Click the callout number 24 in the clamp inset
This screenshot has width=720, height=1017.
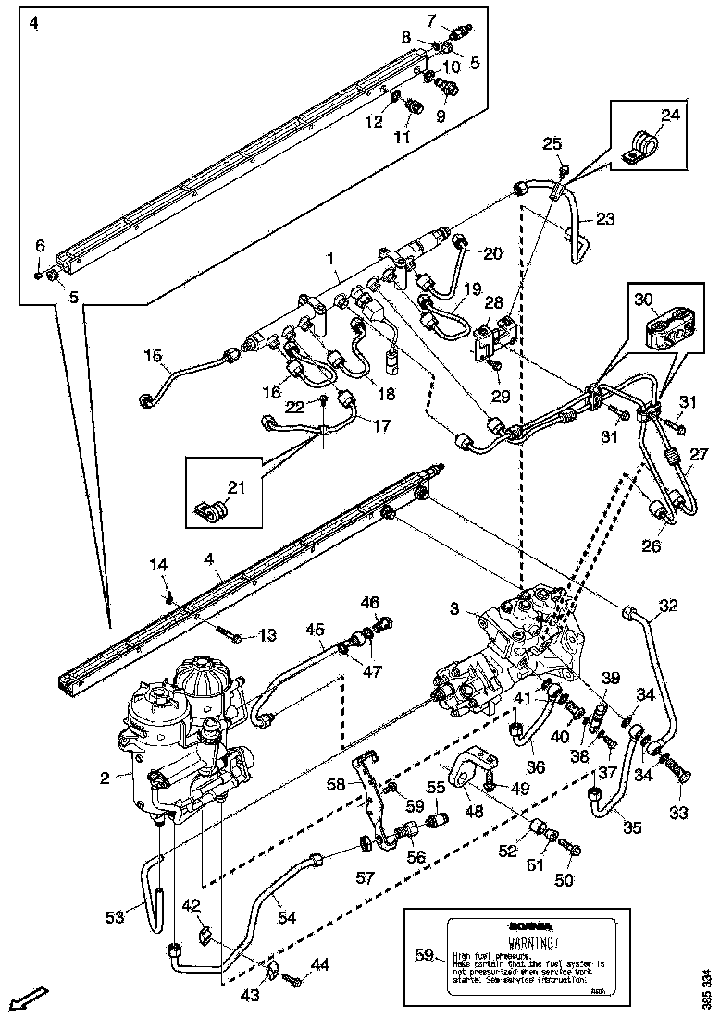[x=670, y=116]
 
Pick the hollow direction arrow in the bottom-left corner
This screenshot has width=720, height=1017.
[x=28, y=998]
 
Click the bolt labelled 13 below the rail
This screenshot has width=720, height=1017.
[x=231, y=636]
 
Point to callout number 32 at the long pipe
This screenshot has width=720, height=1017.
[x=668, y=607]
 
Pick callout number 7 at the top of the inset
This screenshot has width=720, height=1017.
[x=457, y=19]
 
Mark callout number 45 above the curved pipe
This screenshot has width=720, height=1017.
[x=316, y=629]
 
